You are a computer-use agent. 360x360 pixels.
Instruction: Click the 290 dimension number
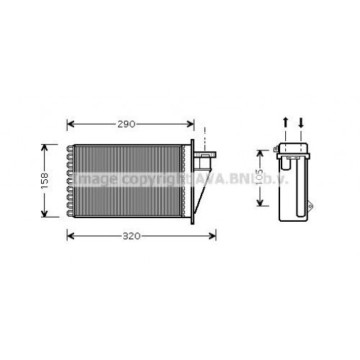[127, 124]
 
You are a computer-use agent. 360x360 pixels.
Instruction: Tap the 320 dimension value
[131, 235]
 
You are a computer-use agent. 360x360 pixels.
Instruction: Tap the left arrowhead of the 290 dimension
[71, 124]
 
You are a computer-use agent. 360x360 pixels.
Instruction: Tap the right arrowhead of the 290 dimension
[190, 124]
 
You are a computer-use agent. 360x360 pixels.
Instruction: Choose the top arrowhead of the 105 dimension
[261, 152]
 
